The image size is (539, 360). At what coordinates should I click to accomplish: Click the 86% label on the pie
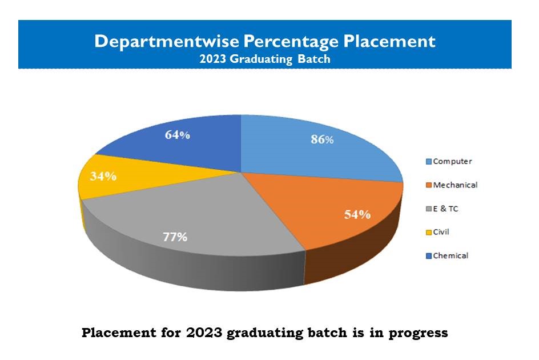coord(322,139)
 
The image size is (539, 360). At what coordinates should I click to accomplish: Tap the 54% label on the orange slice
coord(357,214)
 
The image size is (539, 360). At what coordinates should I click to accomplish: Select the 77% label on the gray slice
coord(175,237)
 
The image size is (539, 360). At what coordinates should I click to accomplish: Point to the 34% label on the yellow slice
coord(103,176)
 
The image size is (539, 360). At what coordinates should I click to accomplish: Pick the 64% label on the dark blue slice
coord(178,134)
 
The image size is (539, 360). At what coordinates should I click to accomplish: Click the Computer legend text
coord(452,161)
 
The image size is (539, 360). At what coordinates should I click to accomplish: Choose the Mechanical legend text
coord(455,185)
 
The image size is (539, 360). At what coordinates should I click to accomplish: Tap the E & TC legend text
coord(445,209)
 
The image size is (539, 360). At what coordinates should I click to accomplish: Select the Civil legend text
coord(441,232)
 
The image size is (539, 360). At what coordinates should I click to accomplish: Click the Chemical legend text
coord(450,256)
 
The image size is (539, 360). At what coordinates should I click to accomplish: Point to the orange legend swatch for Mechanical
coord(429,185)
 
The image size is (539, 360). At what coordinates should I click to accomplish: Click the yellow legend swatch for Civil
coord(429,233)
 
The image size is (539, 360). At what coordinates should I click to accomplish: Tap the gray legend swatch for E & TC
coord(429,209)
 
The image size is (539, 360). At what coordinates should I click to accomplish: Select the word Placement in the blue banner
coord(389,41)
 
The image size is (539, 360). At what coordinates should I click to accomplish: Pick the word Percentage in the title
coord(291,42)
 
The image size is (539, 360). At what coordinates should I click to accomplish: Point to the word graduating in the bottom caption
coord(265,333)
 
